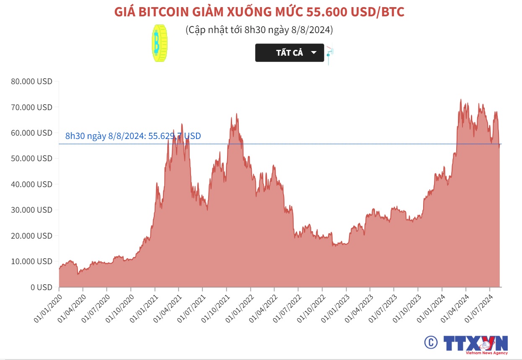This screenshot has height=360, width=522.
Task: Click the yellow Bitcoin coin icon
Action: [159, 44]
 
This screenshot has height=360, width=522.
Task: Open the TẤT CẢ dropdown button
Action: [289, 53]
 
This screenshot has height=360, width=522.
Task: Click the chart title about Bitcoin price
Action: [259, 12]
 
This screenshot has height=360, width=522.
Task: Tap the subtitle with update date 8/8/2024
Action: [259, 30]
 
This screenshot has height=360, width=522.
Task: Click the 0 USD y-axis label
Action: [41, 287]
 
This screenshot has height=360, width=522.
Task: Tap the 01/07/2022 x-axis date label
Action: [286, 308]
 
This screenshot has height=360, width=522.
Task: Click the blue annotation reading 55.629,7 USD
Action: [133, 136]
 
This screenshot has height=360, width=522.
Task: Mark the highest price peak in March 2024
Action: [461, 100]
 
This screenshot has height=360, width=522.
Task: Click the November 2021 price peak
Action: [237, 113]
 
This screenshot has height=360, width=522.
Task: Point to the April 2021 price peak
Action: [182, 124]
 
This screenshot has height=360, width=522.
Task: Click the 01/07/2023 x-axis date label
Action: [381, 308]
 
